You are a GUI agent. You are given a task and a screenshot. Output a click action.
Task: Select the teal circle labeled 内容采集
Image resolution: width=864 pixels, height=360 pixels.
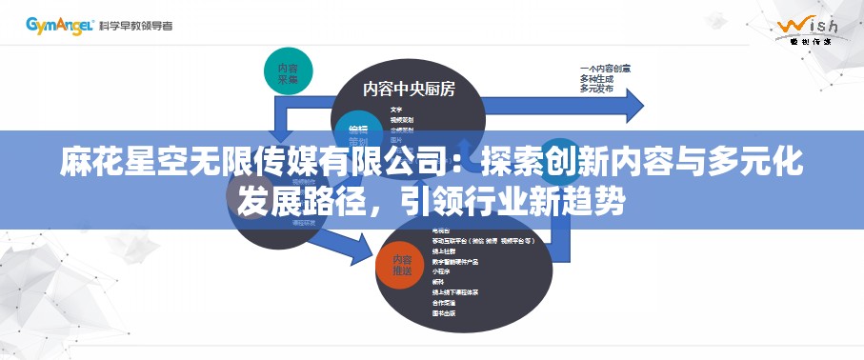point(288,73)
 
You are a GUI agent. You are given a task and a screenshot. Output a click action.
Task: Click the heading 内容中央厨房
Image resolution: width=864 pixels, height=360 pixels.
point(409,90)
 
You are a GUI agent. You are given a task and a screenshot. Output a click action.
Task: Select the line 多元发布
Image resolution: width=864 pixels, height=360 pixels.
point(597,89)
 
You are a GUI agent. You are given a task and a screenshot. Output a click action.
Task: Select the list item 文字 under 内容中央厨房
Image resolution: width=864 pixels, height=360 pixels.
point(395,110)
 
